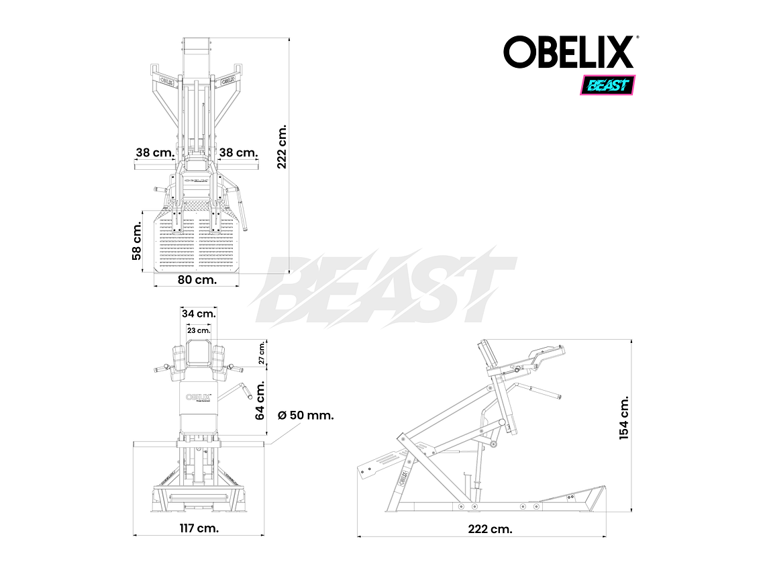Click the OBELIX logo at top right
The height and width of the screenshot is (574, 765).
(569, 52)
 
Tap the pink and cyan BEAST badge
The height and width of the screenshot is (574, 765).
(607, 85)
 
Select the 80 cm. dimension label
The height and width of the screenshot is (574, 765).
(197, 280)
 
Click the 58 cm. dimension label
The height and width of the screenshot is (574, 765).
(137, 242)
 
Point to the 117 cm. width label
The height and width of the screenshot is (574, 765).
(199, 528)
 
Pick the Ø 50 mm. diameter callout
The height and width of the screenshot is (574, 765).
(305, 415)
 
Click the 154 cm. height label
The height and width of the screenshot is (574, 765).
(624, 418)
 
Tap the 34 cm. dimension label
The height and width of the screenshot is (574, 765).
(199, 314)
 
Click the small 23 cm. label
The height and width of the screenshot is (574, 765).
(199, 330)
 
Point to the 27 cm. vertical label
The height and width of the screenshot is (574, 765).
(262, 352)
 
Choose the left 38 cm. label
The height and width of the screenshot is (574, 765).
(154, 152)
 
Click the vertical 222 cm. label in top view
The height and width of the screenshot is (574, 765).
(283, 146)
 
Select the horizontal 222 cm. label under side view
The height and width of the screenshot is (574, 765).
(491, 528)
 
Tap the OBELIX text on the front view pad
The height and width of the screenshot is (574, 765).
(199, 398)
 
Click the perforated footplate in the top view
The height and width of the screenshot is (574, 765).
(197, 245)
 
